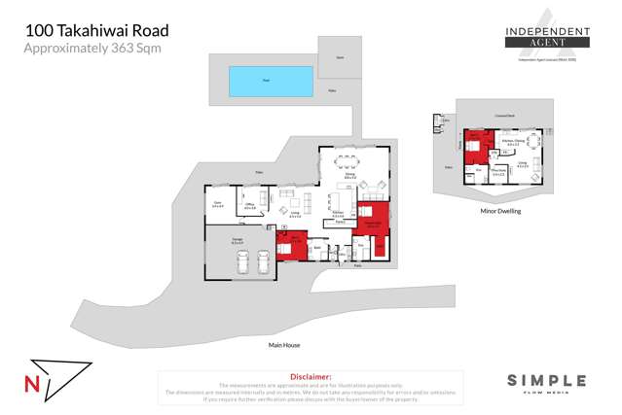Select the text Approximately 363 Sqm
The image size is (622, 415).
92,48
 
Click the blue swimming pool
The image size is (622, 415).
271,81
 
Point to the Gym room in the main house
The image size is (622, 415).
218,205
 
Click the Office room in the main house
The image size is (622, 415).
250,205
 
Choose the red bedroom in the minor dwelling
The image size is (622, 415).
476,148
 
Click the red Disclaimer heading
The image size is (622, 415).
311,375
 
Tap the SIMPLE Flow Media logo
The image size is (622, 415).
546,383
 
